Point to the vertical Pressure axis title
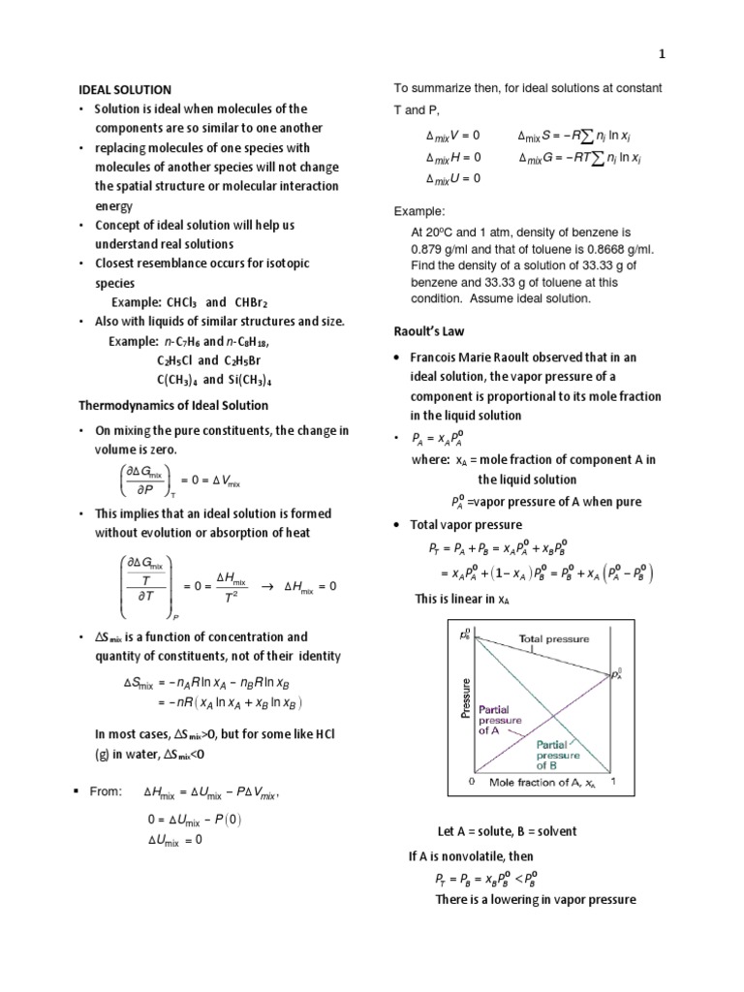coord(466,697)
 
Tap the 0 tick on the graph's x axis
coord(472,780)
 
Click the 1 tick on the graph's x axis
coord(615,780)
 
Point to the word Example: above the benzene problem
coord(418,211)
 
